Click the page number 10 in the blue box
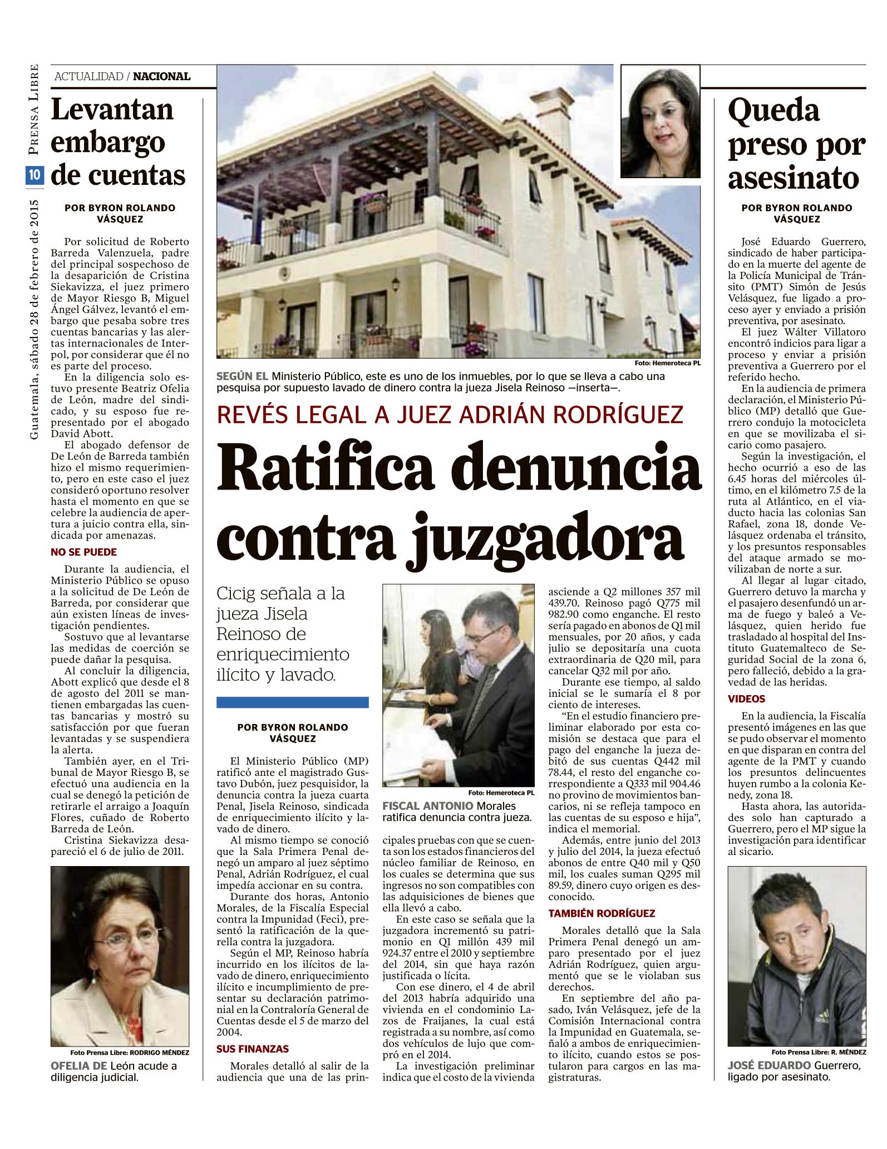point(34,175)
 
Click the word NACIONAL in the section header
point(162,76)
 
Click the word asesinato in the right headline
point(794,179)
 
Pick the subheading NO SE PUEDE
point(83,553)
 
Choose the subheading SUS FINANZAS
point(253,1049)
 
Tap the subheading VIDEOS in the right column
point(746,698)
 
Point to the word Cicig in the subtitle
point(235,593)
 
